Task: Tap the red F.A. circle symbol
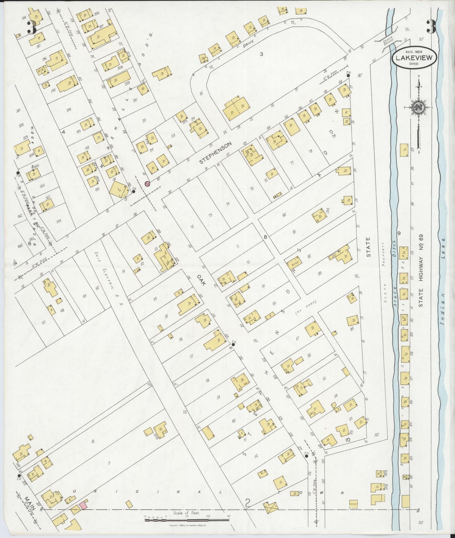pos(147,184)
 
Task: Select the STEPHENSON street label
pos(216,153)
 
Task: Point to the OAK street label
pos(201,280)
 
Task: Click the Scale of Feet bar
pos(187,520)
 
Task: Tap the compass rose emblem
pos(418,108)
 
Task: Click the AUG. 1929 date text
pos(414,51)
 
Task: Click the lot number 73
pos(210,215)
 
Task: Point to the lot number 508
pos(59,221)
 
